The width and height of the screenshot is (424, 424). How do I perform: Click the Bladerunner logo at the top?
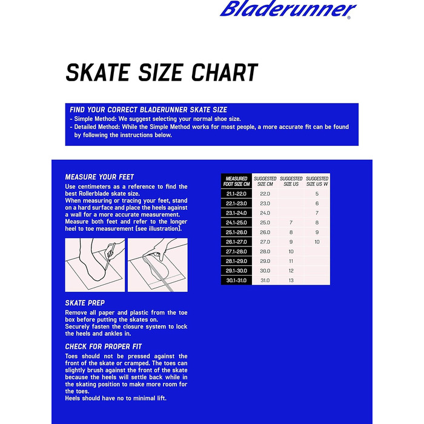coord(288,10)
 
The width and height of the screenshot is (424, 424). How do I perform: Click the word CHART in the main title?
coord(225,73)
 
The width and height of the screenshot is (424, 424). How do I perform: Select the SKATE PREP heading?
coord(85,302)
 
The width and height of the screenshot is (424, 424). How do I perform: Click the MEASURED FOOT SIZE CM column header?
coord(236,181)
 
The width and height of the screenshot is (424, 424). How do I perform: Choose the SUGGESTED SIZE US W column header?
coord(317,181)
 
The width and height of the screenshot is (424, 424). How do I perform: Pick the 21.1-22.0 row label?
coord(236,193)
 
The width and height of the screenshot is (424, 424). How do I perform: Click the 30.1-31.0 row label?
coord(236,280)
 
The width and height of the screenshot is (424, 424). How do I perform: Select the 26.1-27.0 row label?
coord(236,242)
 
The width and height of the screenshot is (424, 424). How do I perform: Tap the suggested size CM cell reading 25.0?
coord(265,222)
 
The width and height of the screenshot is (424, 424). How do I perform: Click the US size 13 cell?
coord(291,280)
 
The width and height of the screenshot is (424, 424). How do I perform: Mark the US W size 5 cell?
coord(317,193)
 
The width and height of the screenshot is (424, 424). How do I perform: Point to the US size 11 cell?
coord(291,261)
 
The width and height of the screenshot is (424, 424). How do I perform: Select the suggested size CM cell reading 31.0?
coord(265,280)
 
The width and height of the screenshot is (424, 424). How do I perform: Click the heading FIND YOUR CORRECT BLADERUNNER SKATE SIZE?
coord(148,110)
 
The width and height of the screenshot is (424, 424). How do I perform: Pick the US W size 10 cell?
coord(317,242)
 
